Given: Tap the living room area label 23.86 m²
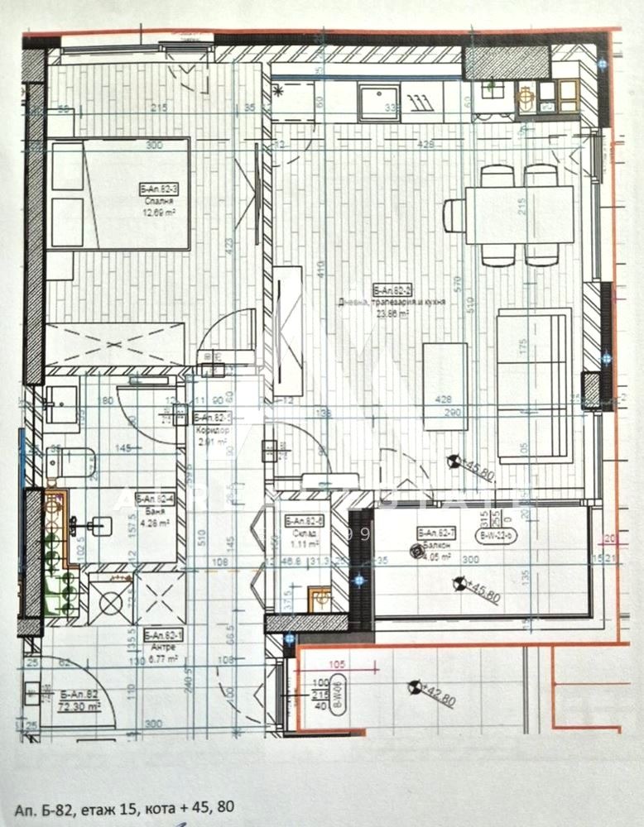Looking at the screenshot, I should pyautogui.click(x=392, y=313).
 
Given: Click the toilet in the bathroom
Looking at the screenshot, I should pyautogui.click(x=74, y=461).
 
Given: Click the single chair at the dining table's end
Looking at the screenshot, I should pyautogui.click(x=454, y=216).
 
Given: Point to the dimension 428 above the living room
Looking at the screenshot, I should pyautogui.click(x=426, y=145).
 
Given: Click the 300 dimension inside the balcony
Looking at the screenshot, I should pyautogui.click(x=470, y=560).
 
